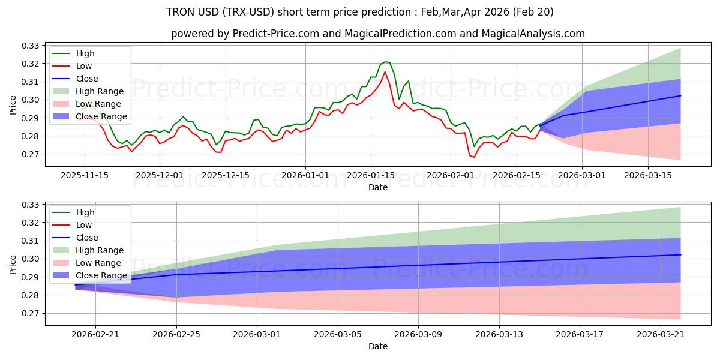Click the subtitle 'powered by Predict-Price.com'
[x=377, y=34]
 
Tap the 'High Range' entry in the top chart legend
[x=100, y=91]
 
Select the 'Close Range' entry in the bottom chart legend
[x=101, y=275]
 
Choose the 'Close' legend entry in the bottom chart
[x=88, y=238]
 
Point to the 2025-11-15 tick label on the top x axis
[x=84, y=175]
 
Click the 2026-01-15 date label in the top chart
[x=370, y=175]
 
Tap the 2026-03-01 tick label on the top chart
[x=582, y=175]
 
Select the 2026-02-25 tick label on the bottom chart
[x=176, y=334]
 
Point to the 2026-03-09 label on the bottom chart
[x=418, y=334]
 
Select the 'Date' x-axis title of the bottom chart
[x=377, y=346]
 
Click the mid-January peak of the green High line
[x=385, y=62]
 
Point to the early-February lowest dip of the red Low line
[x=474, y=157]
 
